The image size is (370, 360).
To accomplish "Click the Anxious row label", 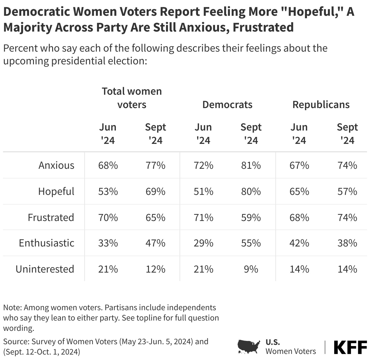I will tap(56, 165).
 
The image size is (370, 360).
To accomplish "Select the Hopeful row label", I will tap(56, 192).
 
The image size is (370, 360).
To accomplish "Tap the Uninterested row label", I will tap(45, 269).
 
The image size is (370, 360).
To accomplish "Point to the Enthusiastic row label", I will tap(46, 243).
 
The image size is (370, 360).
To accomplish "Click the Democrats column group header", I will tap(227, 105).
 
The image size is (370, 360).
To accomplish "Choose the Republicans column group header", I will tap(321, 105).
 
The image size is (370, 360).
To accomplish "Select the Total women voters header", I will tap(132, 98).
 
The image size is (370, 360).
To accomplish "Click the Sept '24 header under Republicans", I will tap(347, 134).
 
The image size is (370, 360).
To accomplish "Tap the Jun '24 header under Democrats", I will tap(203, 134).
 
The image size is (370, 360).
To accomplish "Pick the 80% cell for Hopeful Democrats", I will tap(251, 192).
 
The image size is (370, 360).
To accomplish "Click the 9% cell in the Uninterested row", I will tap(251, 269).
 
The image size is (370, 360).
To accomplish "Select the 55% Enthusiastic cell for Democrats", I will tap(251, 243).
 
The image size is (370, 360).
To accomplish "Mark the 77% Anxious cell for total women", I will tap(156, 165).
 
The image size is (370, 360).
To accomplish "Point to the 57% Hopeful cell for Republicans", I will tap(347, 192).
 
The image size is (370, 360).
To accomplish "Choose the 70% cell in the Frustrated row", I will tap(108, 218).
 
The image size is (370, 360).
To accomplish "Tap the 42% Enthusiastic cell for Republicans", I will tap(299, 243).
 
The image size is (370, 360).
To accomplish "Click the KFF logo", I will tap(350, 347).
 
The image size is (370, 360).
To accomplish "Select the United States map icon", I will tap(249, 347).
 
